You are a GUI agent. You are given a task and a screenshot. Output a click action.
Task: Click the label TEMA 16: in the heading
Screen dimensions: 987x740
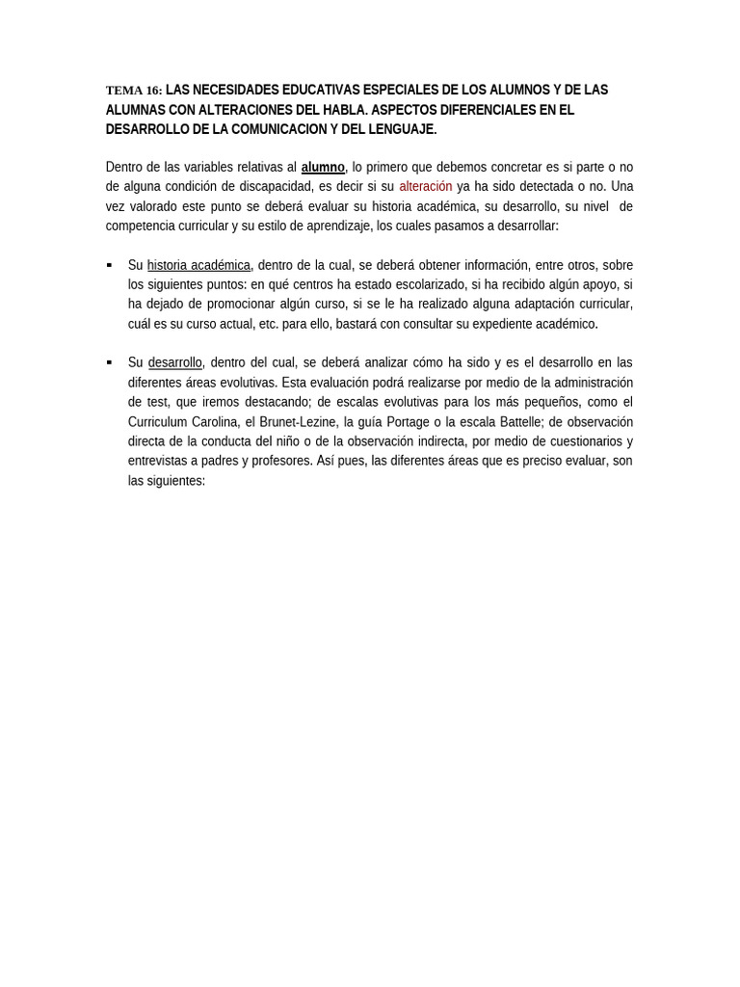click(x=134, y=91)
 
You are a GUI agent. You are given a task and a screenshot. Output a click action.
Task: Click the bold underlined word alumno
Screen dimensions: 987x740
click(x=323, y=168)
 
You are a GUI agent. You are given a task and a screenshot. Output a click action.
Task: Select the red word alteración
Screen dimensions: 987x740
click(x=426, y=187)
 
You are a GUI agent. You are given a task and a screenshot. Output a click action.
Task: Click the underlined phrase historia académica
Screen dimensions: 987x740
click(x=198, y=265)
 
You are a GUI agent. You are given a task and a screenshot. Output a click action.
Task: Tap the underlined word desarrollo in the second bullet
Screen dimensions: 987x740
click(x=174, y=363)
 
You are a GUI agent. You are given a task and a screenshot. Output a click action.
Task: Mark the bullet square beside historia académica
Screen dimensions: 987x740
click(x=109, y=265)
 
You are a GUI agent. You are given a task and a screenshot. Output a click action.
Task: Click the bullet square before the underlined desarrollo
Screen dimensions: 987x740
click(x=109, y=362)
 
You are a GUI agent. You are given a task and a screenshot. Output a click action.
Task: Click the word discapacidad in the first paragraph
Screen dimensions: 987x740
click(x=275, y=187)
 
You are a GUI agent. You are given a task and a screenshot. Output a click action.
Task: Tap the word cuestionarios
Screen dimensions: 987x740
click(x=582, y=441)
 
